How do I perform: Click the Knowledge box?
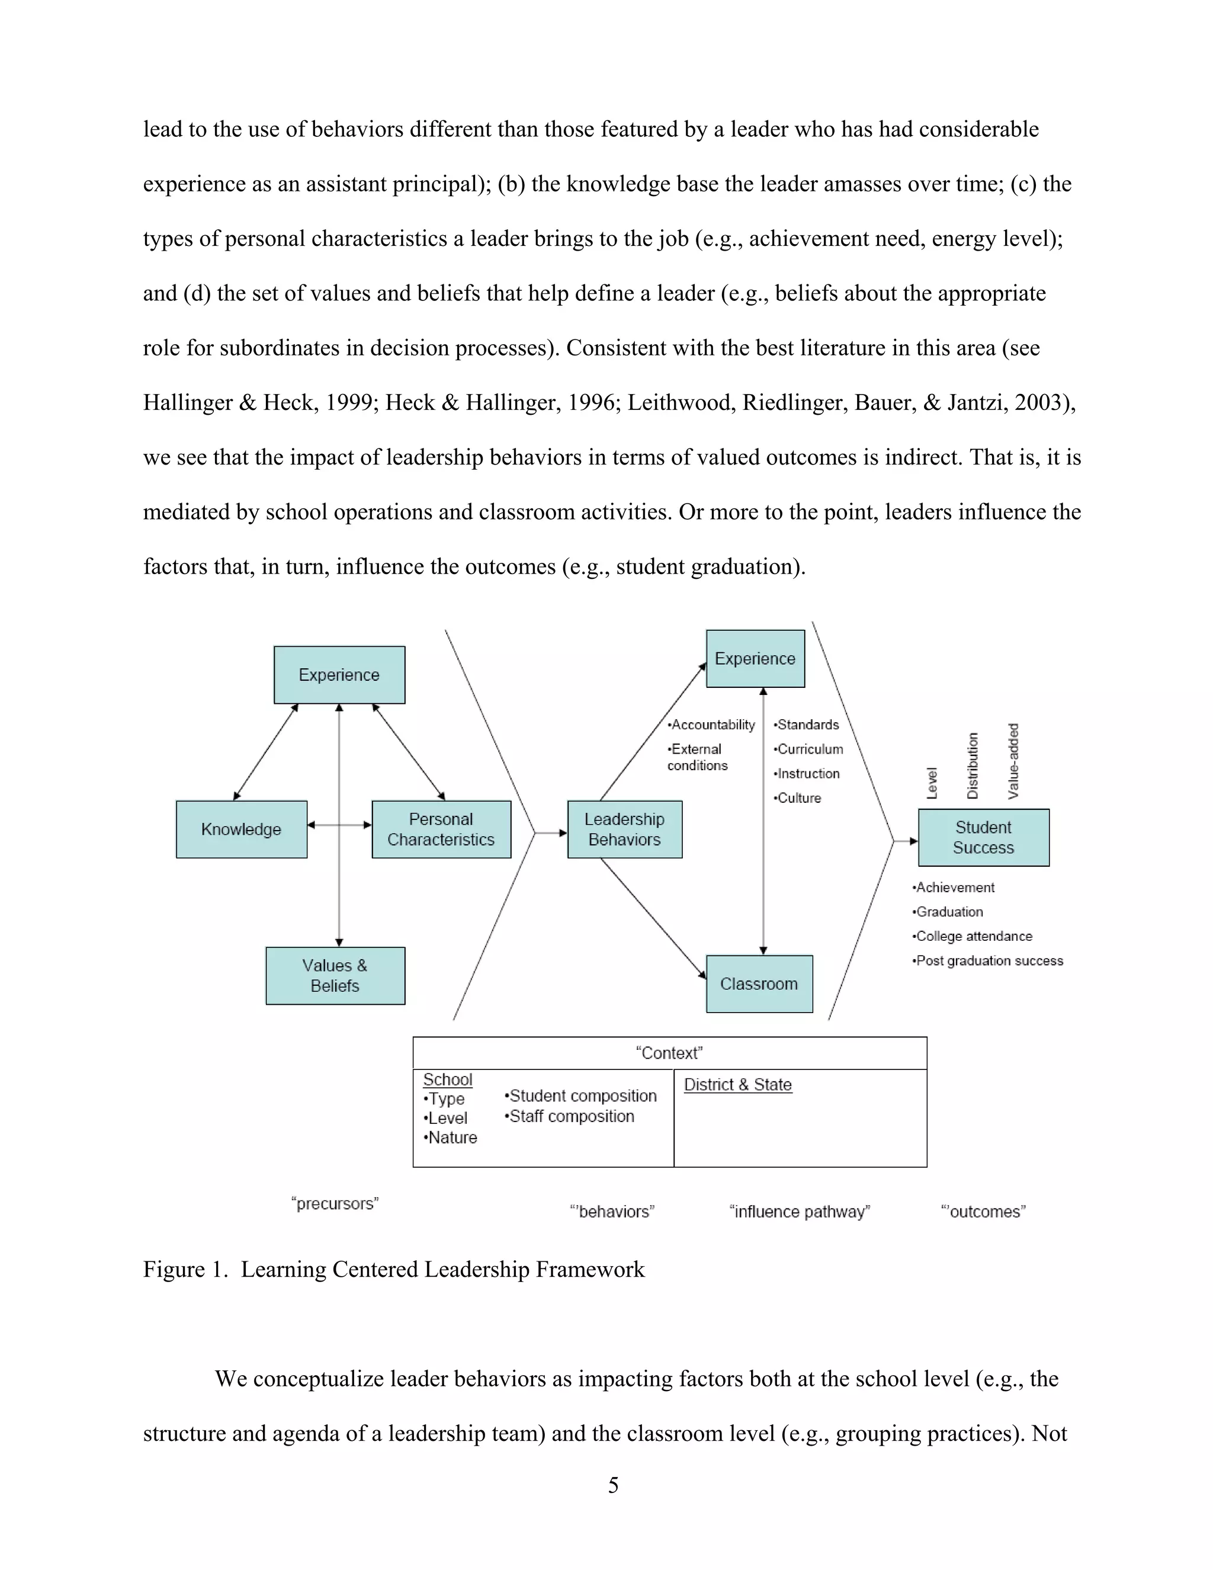coord(242,829)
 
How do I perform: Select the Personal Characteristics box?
coord(441,829)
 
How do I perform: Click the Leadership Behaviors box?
coord(624,829)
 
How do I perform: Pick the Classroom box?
coord(759,983)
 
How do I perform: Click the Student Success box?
coord(983,838)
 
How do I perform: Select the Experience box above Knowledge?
coord(339,674)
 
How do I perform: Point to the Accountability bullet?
coord(711,725)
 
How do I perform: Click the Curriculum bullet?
coord(808,749)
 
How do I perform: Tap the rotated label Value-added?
coord(1013,761)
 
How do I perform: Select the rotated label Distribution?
coord(973,765)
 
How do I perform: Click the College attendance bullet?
coord(973,936)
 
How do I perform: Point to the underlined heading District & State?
coord(737,1085)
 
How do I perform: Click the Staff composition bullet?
coord(569,1116)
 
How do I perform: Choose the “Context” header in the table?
coord(669,1053)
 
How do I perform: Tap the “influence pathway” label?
coord(799,1212)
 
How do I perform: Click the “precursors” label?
coord(335,1203)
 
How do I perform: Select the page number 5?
coord(613,1485)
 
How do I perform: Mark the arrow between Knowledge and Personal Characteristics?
coord(339,825)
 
